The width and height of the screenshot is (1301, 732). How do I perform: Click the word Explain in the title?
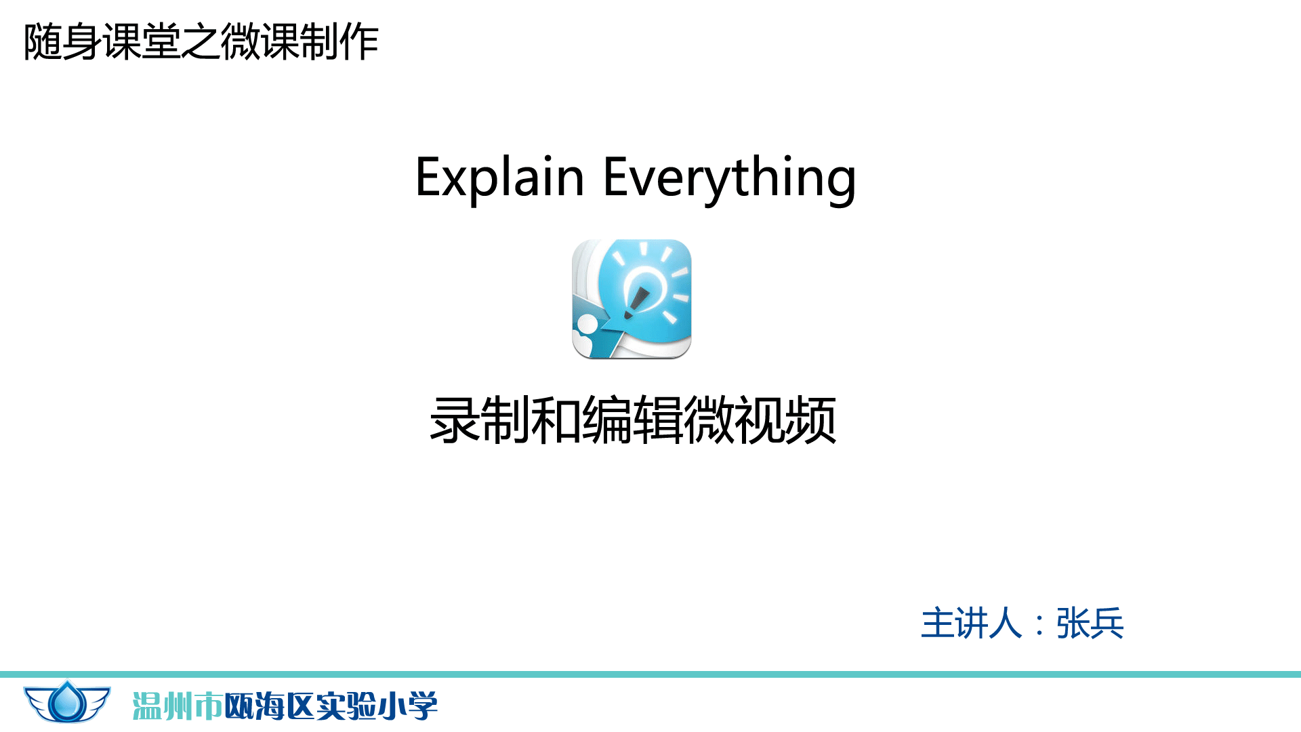[x=500, y=178]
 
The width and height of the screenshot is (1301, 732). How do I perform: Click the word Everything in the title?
[x=730, y=178]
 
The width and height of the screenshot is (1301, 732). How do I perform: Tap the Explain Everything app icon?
[x=632, y=299]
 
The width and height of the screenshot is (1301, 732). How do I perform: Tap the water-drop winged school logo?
[x=67, y=702]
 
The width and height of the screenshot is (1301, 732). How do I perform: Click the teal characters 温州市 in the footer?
[x=178, y=706]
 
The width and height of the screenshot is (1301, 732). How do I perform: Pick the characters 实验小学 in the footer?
[x=377, y=706]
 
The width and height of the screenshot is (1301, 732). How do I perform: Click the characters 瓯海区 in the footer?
[x=270, y=706]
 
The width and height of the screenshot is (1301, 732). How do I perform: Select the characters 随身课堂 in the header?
[x=102, y=42]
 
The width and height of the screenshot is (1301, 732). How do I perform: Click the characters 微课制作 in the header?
[x=300, y=42]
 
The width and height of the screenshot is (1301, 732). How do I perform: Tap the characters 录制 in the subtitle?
[x=480, y=421]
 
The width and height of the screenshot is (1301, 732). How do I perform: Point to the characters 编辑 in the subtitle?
[x=632, y=421]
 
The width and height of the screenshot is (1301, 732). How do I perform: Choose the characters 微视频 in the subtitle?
[x=760, y=421]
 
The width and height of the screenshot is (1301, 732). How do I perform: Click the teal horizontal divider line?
[x=650, y=674]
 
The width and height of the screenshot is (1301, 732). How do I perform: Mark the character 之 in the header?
[x=201, y=42]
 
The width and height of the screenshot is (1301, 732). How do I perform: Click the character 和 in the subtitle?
[x=556, y=421]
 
